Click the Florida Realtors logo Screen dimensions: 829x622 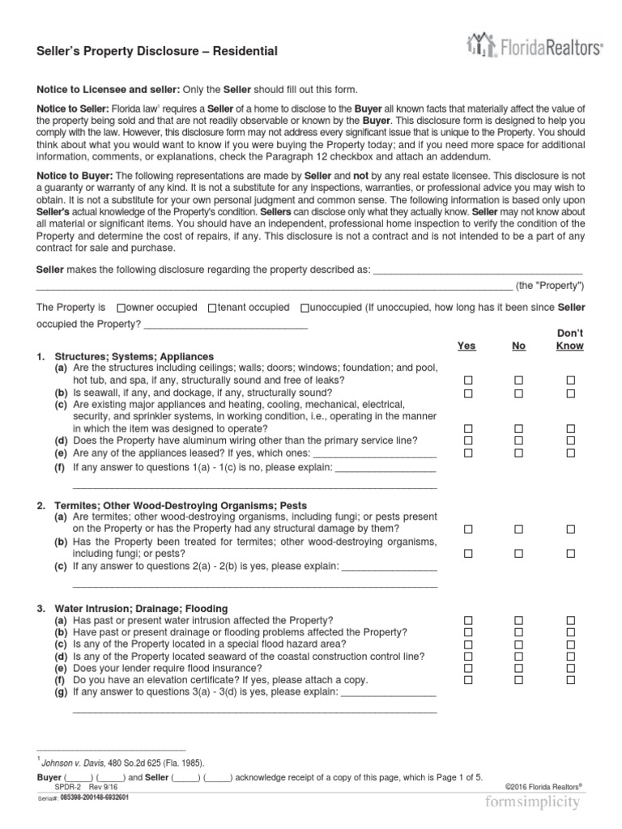pos(535,48)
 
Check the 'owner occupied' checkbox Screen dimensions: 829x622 pos(121,308)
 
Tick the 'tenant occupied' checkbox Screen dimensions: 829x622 pos(212,308)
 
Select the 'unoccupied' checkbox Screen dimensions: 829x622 pos(304,308)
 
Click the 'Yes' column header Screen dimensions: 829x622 pos(466,346)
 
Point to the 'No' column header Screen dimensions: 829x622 pos(519,346)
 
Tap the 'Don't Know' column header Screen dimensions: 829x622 pos(570,339)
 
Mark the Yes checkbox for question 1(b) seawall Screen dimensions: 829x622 pos(467,393)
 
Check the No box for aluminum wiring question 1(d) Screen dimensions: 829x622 pos(519,440)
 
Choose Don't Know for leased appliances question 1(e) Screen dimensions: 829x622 pos(571,453)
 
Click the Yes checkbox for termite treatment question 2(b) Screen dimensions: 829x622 pos(467,554)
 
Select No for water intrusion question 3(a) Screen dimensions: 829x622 pos(519,619)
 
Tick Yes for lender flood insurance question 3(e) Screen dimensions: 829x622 pos(467,669)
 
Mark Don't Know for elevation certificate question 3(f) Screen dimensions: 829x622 pos(571,681)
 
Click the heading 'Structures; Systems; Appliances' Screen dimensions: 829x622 pos(134,356)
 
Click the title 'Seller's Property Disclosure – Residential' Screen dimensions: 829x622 pos(157,51)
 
